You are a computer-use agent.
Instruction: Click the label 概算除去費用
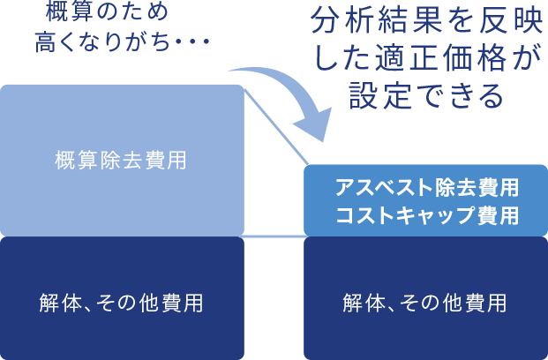120,161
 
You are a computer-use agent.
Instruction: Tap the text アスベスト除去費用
425,188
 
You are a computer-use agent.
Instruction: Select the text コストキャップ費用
425,214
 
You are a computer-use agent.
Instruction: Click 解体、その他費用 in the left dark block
122,303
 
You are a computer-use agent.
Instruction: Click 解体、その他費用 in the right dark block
424,303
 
